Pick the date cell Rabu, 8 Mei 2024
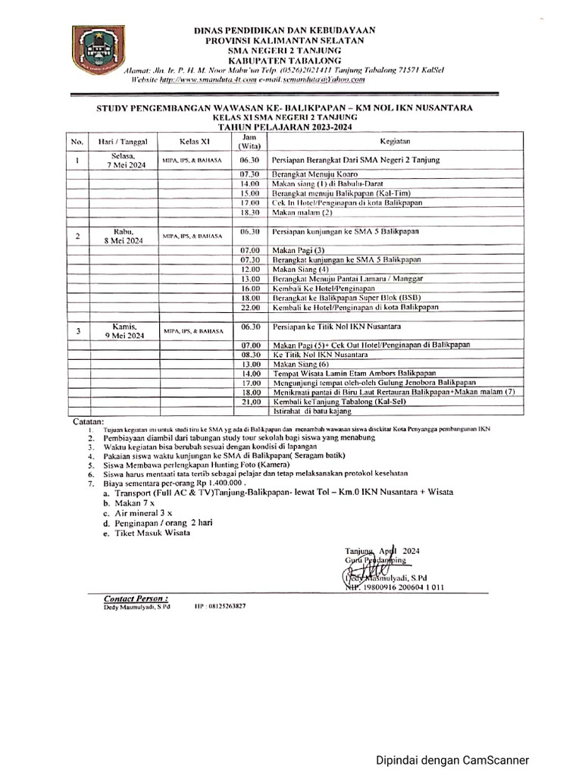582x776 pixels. tap(122, 236)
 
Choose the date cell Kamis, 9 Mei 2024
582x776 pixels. tap(122, 330)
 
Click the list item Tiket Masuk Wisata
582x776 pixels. tap(146, 533)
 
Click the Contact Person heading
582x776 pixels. tap(136, 598)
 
